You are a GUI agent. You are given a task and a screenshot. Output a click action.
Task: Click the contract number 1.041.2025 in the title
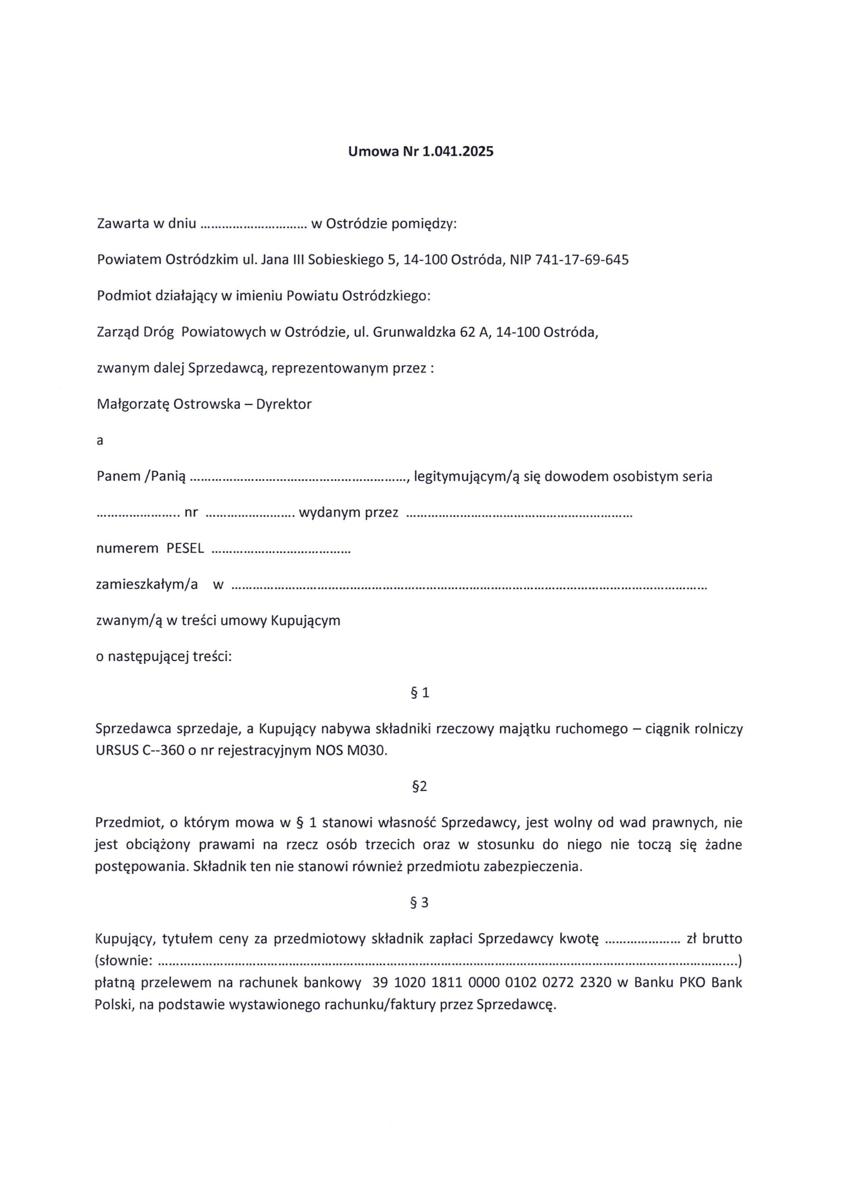pyautogui.click(x=457, y=152)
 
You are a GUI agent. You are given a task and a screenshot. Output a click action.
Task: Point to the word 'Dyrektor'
pyautogui.click(x=284, y=404)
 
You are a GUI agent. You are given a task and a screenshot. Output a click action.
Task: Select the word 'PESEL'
pyautogui.click(x=185, y=548)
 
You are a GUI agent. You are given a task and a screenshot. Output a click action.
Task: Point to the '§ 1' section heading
pyautogui.click(x=420, y=693)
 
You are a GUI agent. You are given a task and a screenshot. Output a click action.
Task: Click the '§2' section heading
pyautogui.click(x=420, y=787)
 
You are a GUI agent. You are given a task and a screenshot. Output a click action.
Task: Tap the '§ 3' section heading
pyautogui.click(x=420, y=903)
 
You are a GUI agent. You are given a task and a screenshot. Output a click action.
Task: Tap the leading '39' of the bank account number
pyautogui.click(x=380, y=983)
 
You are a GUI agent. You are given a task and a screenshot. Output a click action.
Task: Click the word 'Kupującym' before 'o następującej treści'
pyautogui.click(x=305, y=621)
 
